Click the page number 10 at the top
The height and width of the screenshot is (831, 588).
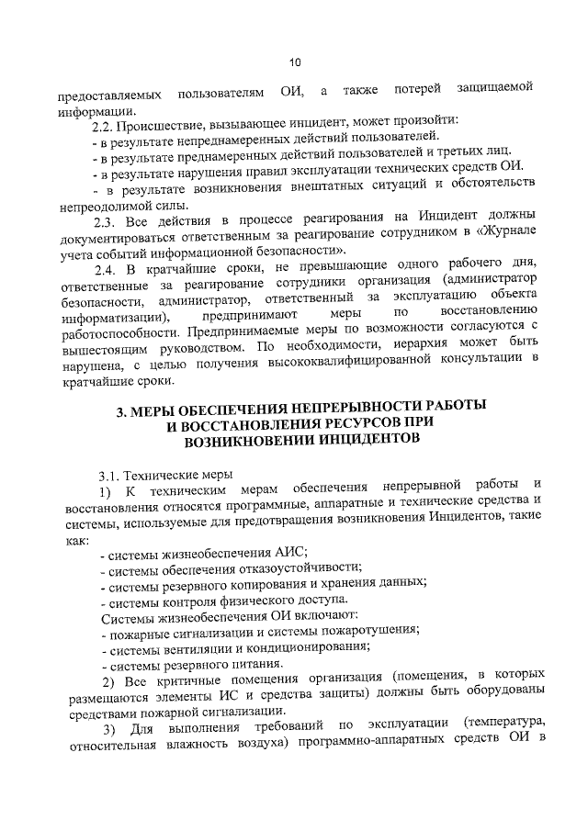coord(293,62)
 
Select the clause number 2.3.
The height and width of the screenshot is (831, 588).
coord(112,220)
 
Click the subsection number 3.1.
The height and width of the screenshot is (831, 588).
coord(110,474)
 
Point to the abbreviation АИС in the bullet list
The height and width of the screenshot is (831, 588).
coord(290,553)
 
